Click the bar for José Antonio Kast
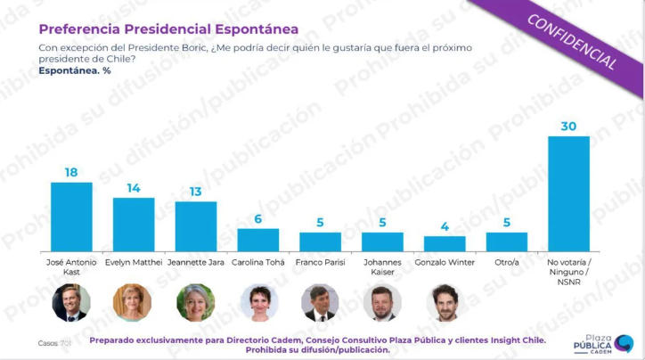71,217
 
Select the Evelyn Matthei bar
134,225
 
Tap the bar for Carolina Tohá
258,240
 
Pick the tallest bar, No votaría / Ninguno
569,193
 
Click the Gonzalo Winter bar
445,243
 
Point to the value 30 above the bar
569,127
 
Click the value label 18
71,172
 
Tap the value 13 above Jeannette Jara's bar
195,192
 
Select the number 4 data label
445,226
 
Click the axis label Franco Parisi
320,262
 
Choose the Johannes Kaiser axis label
382,267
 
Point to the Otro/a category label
507,262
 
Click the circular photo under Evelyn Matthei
133,302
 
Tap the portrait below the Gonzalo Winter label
445,302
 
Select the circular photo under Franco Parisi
320,302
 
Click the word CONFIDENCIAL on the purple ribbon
572,42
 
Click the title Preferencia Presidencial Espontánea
168,29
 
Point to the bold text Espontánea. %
75,70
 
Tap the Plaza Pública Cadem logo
603,344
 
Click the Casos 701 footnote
54,343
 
